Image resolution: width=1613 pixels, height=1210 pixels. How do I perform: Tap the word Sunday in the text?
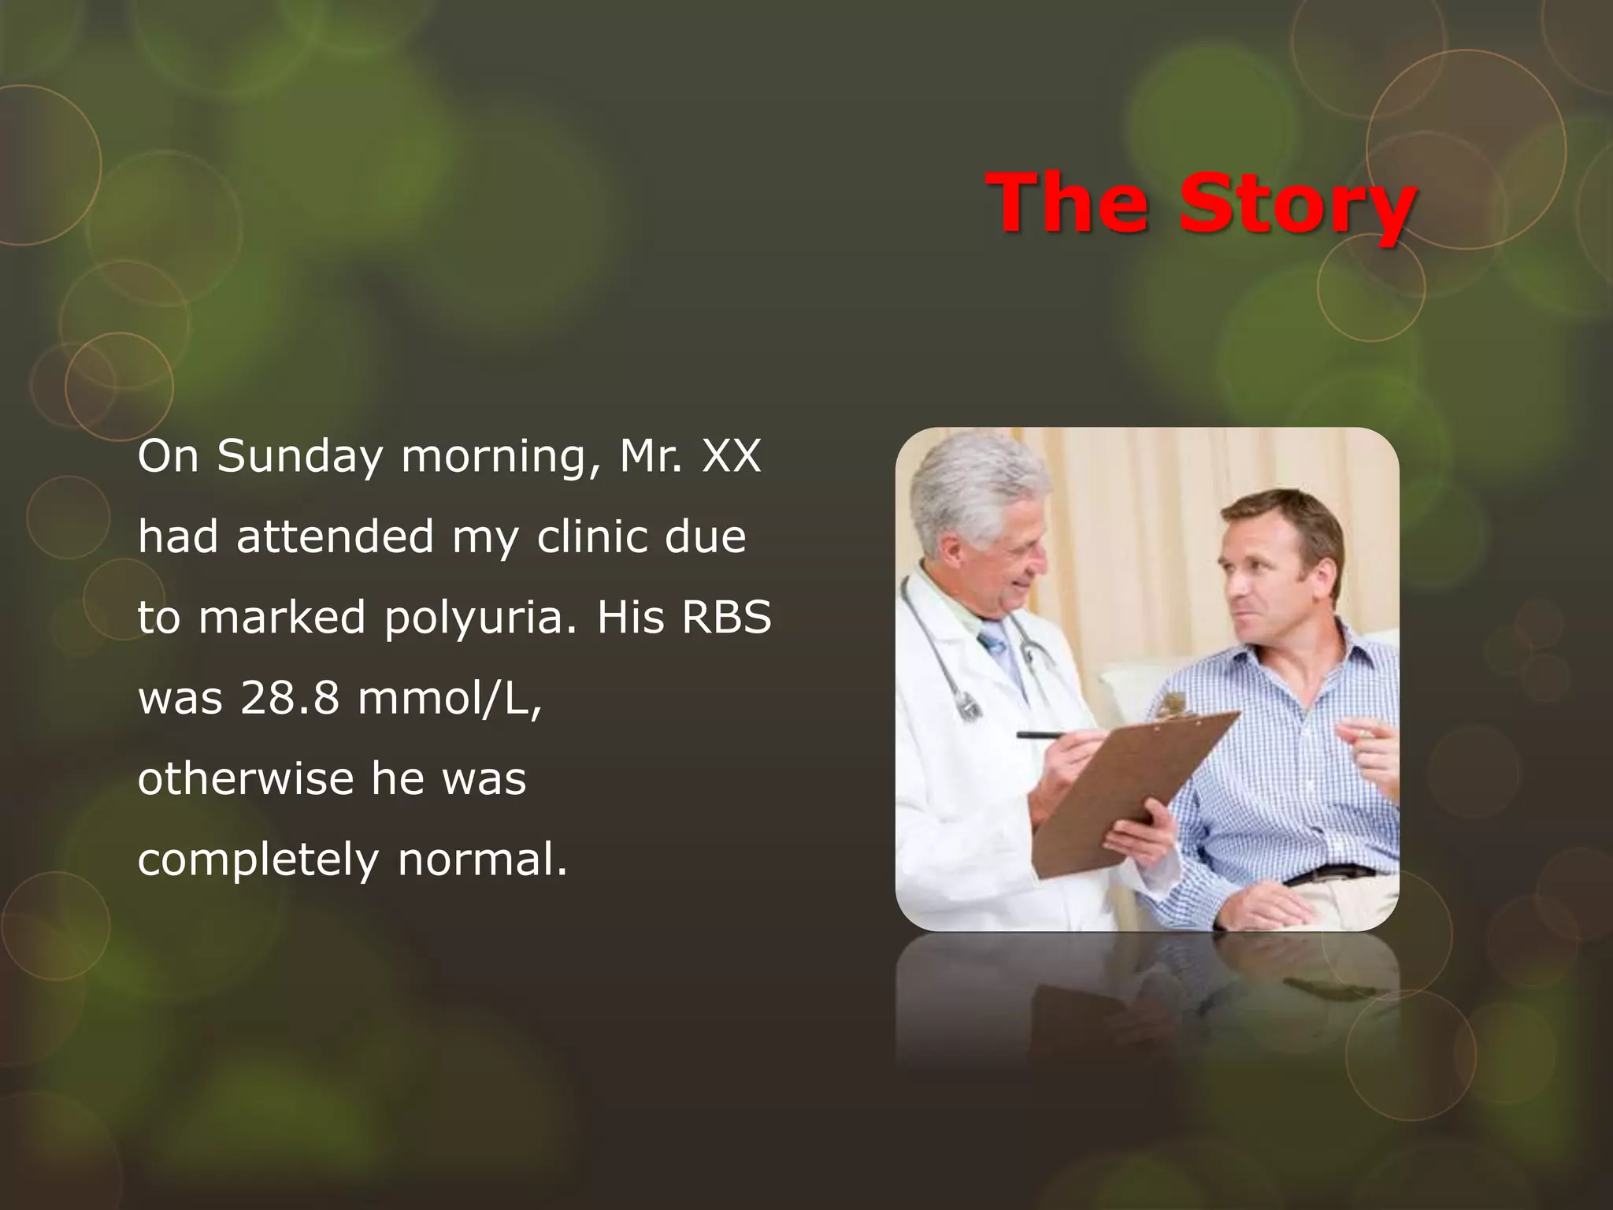(300, 457)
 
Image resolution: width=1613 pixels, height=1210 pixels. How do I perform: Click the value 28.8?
(290, 698)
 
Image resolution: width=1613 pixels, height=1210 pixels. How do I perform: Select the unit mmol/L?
(450, 698)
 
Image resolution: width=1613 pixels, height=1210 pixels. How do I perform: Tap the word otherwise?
(246, 779)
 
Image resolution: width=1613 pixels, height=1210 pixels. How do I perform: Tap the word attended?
(335, 537)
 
